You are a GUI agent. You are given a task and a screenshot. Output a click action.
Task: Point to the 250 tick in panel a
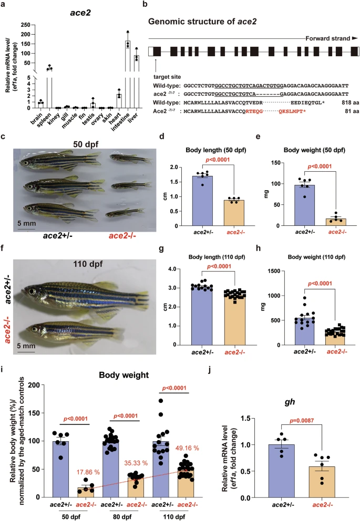pyautogui.click(x=25, y=25)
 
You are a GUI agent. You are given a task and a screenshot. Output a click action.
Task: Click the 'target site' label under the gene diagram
pyautogui.click(x=167, y=77)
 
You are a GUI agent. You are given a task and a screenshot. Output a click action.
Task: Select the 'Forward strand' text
pyautogui.click(x=328, y=38)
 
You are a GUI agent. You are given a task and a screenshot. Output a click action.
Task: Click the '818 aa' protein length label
pyautogui.click(x=351, y=102)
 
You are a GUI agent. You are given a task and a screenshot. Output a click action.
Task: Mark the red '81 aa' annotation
pyautogui.click(x=352, y=111)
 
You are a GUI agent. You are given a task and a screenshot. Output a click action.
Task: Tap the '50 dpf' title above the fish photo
pyautogui.click(x=86, y=144)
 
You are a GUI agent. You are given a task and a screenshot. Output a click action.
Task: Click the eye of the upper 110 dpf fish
pyautogui.click(x=32, y=291)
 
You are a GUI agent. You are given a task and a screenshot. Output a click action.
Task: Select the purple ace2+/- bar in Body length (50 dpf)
pyautogui.click(x=202, y=201)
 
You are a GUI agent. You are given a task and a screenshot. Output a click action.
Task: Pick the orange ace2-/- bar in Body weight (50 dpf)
pyautogui.click(x=336, y=222)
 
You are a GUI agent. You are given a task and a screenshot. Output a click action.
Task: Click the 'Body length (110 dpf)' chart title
pyautogui.click(x=217, y=257)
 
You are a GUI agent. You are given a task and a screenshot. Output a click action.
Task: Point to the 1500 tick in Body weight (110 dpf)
pyautogui.click(x=278, y=271)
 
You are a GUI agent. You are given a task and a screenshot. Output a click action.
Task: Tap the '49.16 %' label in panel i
pyautogui.click(x=187, y=448)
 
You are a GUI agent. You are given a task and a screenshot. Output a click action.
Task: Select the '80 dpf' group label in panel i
pyautogui.click(x=122, y=517)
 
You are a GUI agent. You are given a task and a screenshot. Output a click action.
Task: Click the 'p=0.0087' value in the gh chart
pyautogui.click(x=302, y=421)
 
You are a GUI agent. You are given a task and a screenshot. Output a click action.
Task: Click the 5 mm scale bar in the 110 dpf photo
pyautogui.click(x=26, y=350)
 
